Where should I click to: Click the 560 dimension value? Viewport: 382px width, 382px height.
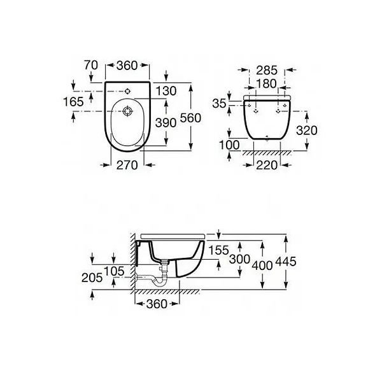coord(190,118)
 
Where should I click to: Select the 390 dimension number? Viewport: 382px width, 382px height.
coord(166,123)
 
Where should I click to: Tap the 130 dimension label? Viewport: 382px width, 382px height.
coord(166,91)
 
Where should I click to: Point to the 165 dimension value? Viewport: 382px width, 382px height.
coord(73,102)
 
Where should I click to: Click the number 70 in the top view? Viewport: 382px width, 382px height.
coord(91,65)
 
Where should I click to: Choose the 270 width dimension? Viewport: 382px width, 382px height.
coord(127,165)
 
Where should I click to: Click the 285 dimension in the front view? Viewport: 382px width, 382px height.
coord(267,71)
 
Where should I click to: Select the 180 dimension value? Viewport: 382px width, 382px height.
coord(267,84)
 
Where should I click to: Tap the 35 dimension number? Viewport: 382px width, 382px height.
coord(219,104)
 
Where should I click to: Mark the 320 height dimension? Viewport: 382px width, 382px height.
coord(307,131)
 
